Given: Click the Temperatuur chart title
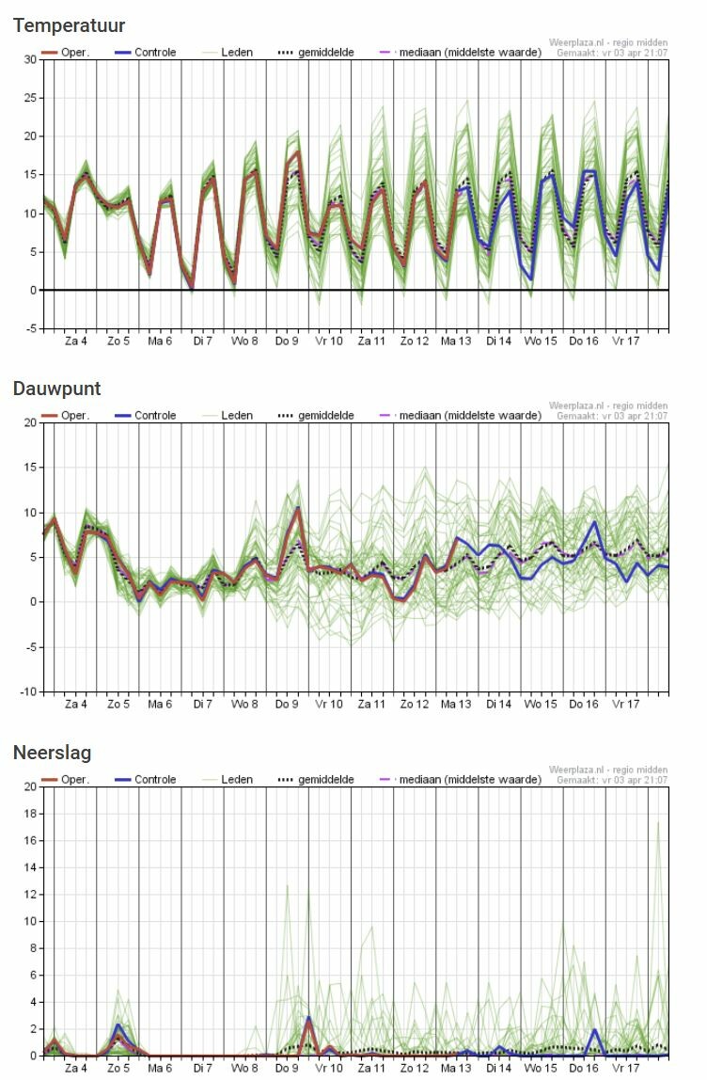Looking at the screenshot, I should point(69,25).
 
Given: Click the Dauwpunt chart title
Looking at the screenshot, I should point(56,389).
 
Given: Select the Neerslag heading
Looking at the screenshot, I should point(52,753).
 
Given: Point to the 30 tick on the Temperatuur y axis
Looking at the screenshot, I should point(30,59).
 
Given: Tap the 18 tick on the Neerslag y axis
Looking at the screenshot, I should point(30,814).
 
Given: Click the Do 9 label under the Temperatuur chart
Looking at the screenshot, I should point(288,341).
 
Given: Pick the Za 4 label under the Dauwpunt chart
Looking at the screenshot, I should point(76,704).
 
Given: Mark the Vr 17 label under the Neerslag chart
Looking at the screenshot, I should point(626,1068).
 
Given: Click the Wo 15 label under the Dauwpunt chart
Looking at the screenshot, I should point(541,704).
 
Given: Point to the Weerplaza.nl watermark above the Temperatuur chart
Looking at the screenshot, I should point(608,43).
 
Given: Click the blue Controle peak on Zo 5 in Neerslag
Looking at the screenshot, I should point(118,1024).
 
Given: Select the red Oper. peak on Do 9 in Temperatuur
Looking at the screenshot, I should point(298,151).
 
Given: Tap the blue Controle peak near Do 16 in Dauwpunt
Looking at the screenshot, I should point(594,522).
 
